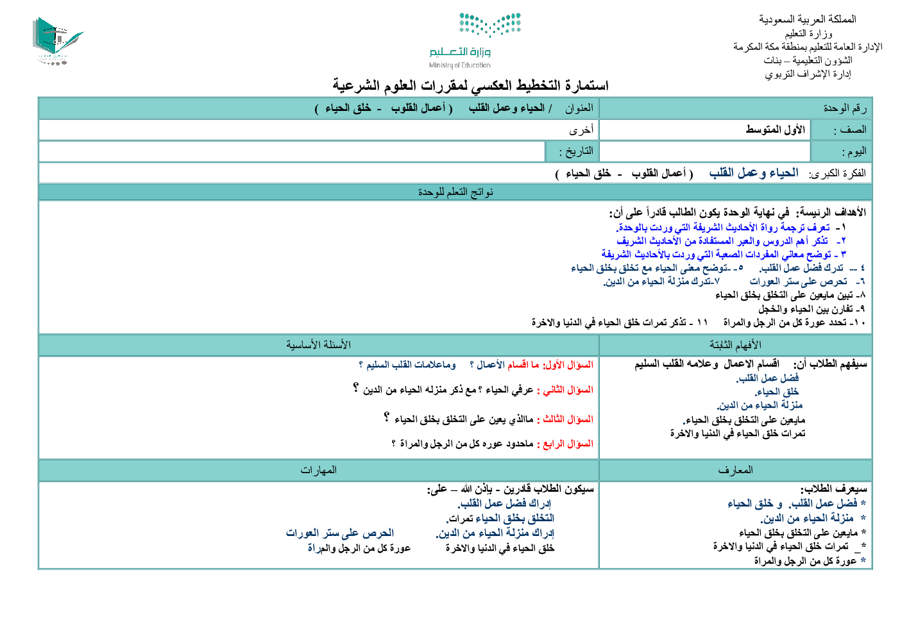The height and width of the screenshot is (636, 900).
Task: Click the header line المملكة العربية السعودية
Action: (x=807, y=19)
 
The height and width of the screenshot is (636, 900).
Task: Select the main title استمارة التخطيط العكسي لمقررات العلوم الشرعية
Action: (x=470, y=85)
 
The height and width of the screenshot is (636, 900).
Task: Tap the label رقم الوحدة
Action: (x=845, y=108)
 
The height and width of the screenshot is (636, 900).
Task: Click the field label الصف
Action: (x=850, y=130)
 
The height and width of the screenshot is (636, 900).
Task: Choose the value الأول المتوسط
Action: (x=775, y=130)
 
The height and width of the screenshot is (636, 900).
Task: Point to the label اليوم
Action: (x=854, y=152)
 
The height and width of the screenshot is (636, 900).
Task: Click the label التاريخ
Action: (x=576, y=152)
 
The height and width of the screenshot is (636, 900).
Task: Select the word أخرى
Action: (x=581, y=130)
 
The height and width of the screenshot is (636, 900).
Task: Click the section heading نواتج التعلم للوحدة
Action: (x=455, y=192)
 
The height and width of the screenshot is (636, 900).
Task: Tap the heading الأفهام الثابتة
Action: (x=735, y=345)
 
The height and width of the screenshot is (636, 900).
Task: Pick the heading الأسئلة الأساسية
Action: (x=318, y=345)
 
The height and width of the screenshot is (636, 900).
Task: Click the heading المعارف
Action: (x=735, y=470)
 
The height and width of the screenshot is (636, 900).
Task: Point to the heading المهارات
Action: (x=318, y=470)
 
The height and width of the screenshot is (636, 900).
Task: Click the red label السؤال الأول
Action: (x=568, y=365)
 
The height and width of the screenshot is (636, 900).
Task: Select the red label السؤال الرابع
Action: (x=568, y=444)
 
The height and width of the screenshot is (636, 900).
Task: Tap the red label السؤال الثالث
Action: (x=568, y=419)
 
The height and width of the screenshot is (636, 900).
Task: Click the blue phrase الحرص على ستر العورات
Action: (x=340, y=533)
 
